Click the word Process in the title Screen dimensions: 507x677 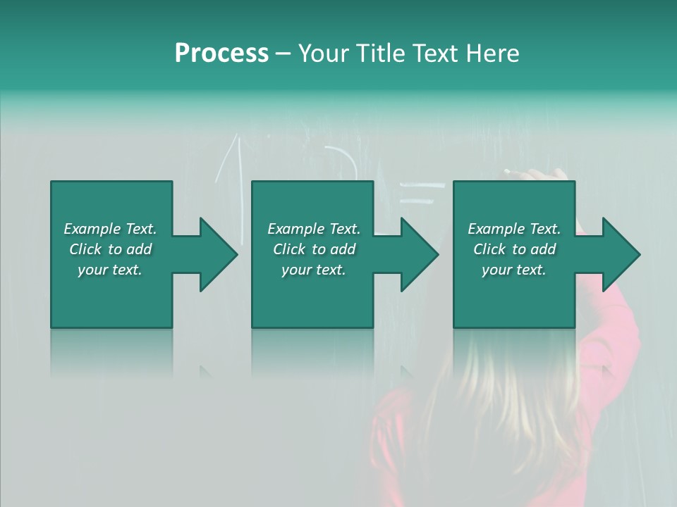pyautogui.click(x=221, y=54)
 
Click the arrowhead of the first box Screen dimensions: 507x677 pyautogui.click(x=216, y=254)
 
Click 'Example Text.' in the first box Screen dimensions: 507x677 pyautogui.click(x=110, y=229)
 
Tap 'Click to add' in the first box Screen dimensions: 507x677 pyautogui.click(x=110, y=249)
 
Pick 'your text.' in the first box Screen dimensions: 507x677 pyautogui.click(x=110, y=270)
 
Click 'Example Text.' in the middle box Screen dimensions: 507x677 pyautogui.click(x=314, y=229)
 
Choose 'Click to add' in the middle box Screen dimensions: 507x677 pyautogui.click(x=314, y=249)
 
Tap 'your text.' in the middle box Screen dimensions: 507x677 pyautogui.click(x=314, y=270)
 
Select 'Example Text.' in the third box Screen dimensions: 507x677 pyautogui.click(x=514, y=229)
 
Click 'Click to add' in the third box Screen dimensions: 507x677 pyautogui.click(x=514, y=249)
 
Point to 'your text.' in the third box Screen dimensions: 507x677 pyautogui.click(x=514, y=270)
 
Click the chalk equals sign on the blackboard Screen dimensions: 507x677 pyautogui.click(x=422, y=194)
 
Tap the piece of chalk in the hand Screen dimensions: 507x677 pyautogui.click(x=511, y=171)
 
